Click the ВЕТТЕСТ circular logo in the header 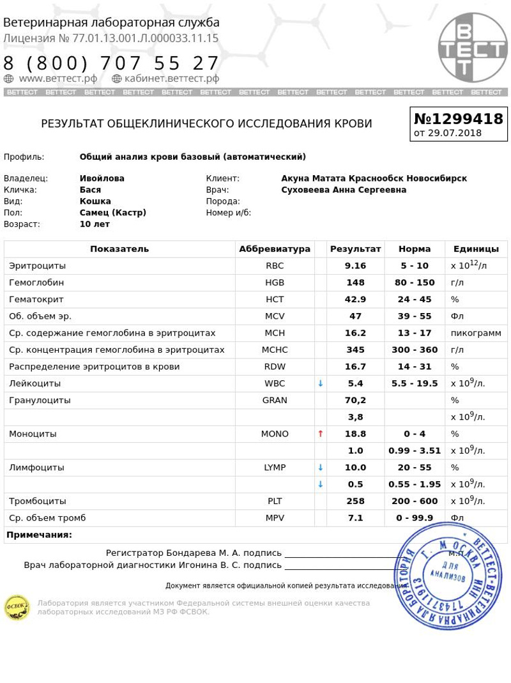[x=472, y=47]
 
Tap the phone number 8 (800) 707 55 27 [x=112, y=63]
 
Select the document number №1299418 [x=459, y=119]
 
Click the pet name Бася [x=90, y=190]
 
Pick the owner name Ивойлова [x=102, y=178]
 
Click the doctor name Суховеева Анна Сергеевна [x=344, y=190]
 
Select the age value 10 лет [x=95, y=224]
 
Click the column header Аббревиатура [x=275, y=249]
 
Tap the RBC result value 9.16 [x=355, y=266]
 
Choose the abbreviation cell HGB [x=275, y=282]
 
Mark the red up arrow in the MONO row [x=321, y=434]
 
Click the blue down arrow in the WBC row [x=321, y=383]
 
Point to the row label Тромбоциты [x=38, y=501]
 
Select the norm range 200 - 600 [x=415, y=501]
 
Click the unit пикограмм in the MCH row [x=476, y=333]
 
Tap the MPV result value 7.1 [x=355, y=518]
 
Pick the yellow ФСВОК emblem [x=17, y=607]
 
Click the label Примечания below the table [x=39, y=535]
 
